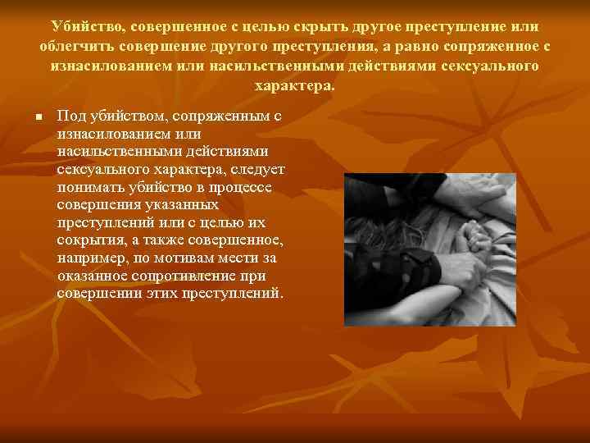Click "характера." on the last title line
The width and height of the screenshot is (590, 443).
[295, 85]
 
